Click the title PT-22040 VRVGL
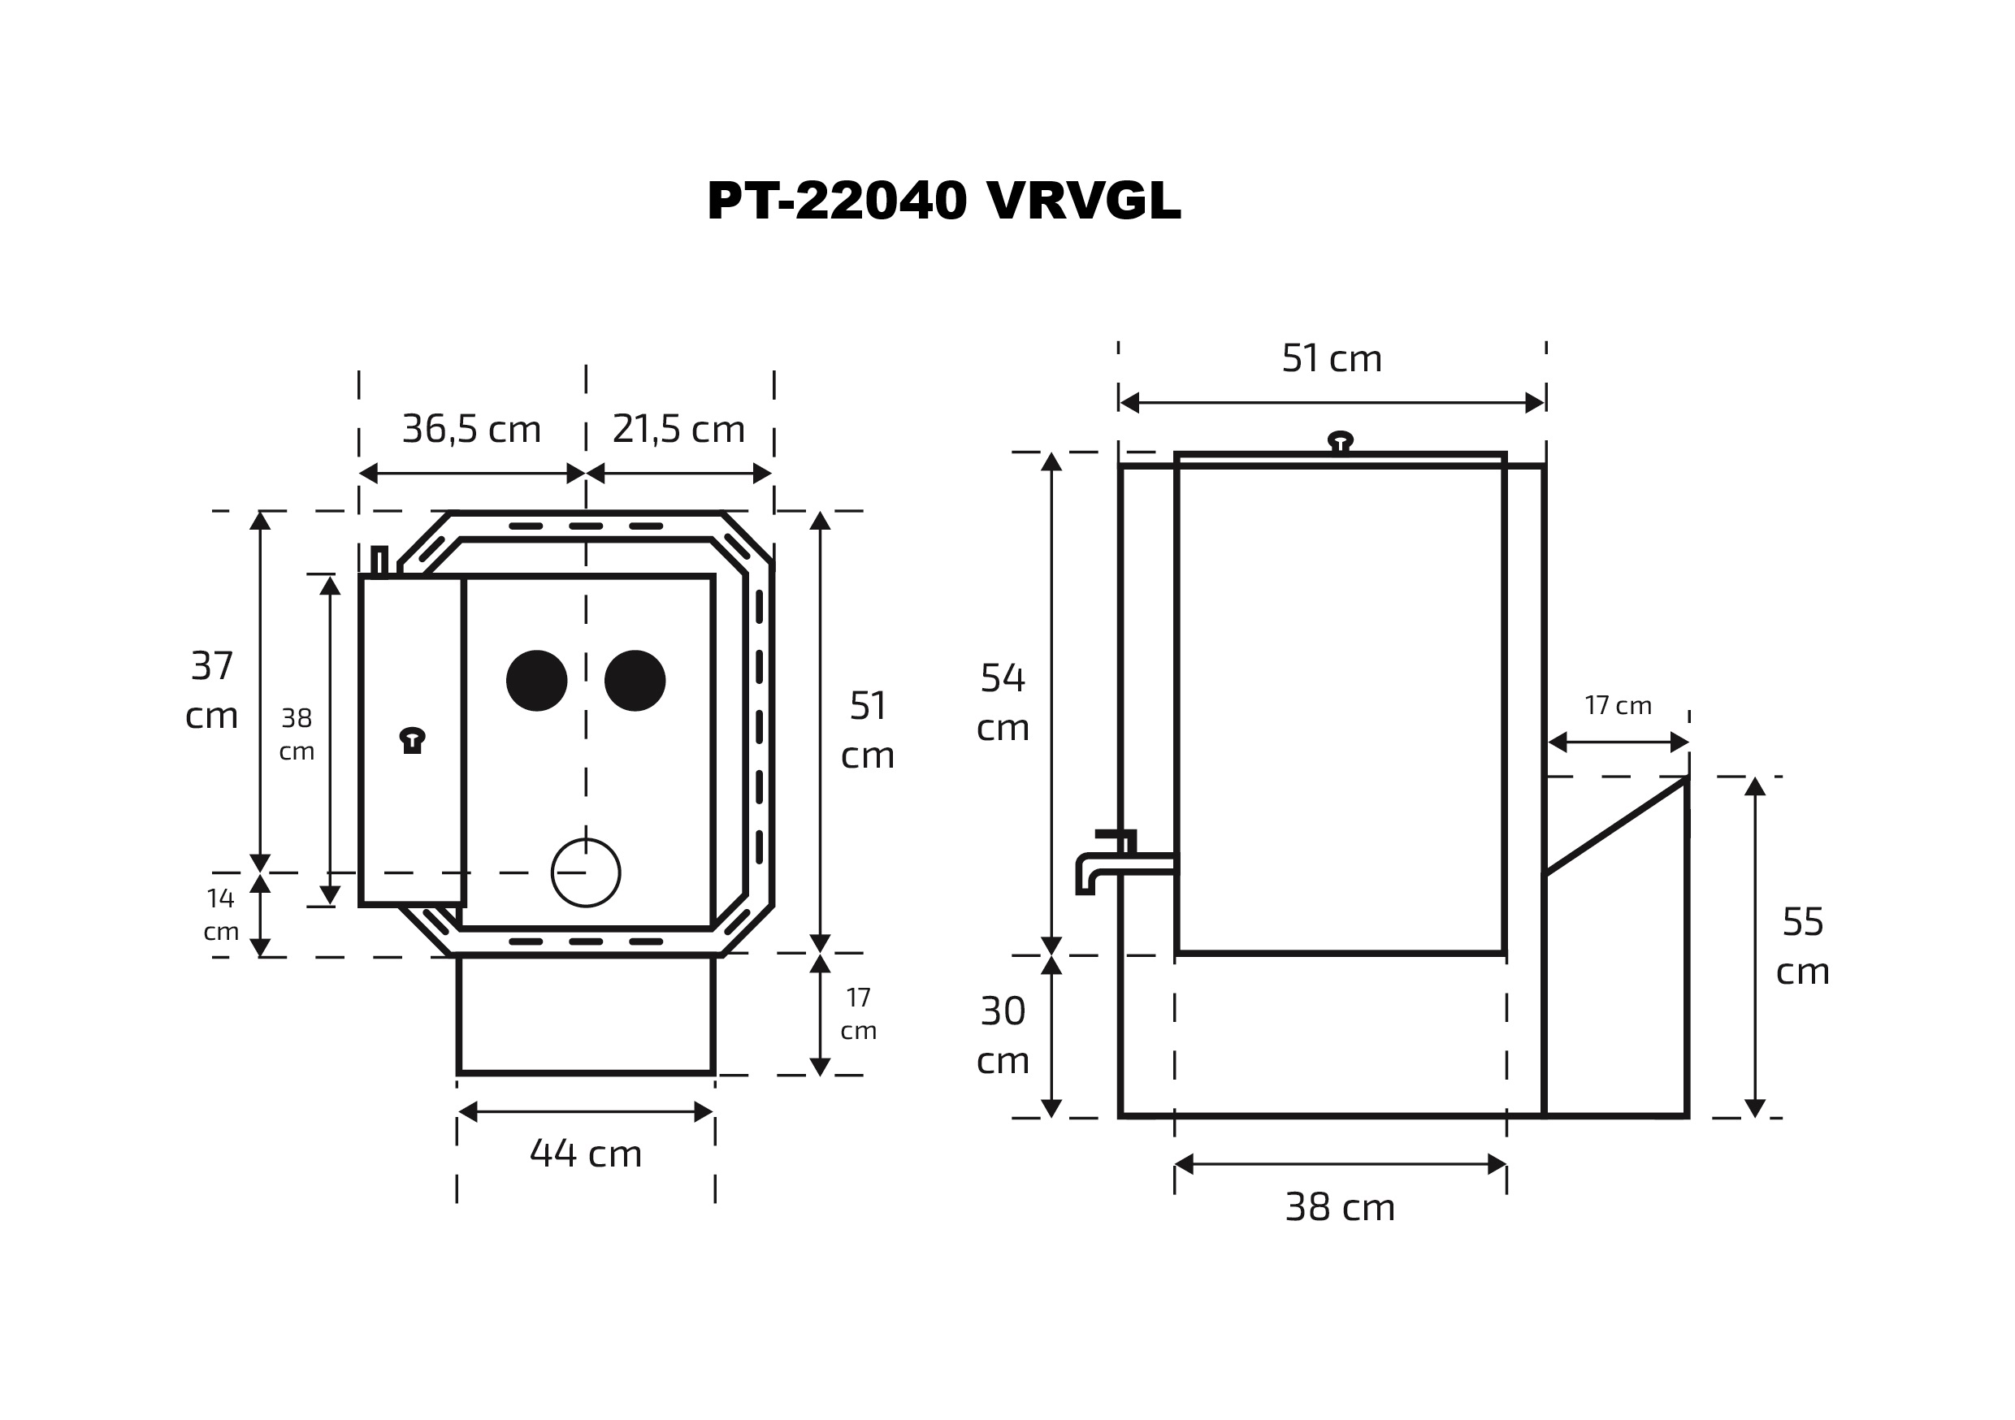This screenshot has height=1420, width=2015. [x=943, y=201]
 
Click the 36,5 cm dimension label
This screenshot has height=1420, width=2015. [x=471, y=429]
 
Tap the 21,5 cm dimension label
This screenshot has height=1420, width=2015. [x=678, y=429]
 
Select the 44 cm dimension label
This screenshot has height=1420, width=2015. [x=585, y=1154]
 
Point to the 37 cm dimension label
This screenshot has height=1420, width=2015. [x=211, y=691]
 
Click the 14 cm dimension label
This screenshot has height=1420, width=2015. [x=220, y=915]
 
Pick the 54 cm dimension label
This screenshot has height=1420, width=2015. [x=1003, y=703]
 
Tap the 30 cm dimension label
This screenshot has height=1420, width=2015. [x=1003, y=1037]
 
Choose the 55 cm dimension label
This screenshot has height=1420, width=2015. [x=1803, y=947]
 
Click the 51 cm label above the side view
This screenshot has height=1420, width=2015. [x=1332, y=358]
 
